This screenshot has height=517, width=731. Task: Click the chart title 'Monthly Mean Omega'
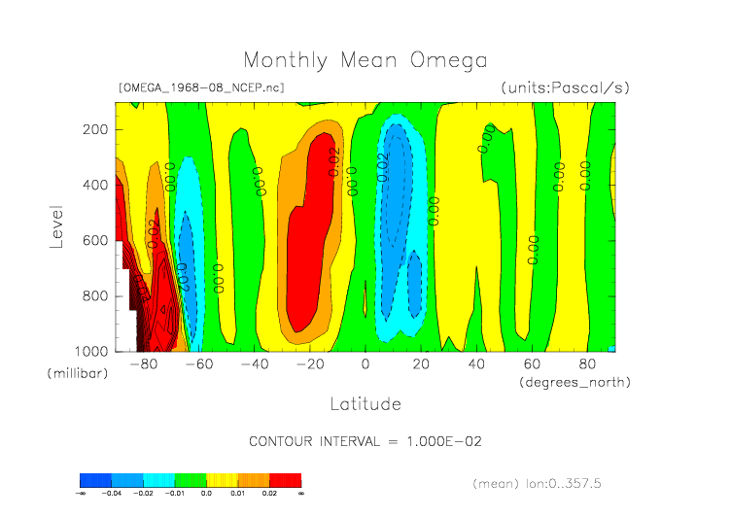point(365,60)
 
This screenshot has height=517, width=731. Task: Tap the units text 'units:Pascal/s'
point(565,87)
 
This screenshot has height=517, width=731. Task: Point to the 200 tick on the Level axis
point(94,129)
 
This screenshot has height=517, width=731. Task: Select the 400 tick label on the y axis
point(94,185)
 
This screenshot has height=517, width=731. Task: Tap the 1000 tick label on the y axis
point(91,351)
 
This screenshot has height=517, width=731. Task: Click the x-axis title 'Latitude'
point(365,403)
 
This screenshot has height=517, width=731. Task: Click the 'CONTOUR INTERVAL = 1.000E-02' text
point(365,441)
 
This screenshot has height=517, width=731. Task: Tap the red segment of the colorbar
point(285,480)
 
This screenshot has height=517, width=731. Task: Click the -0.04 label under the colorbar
point(112,494)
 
